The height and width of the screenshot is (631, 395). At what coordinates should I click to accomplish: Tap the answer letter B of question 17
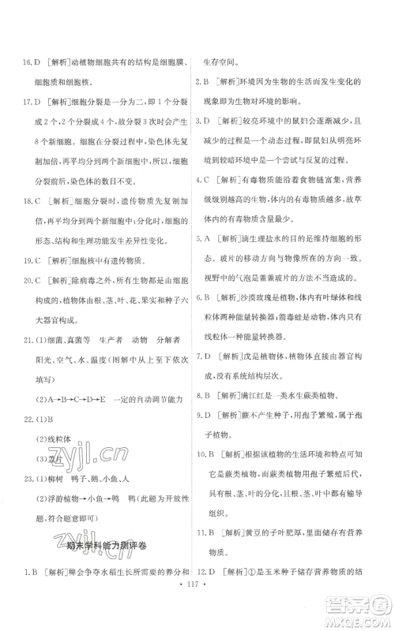click(x=46, y=101)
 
